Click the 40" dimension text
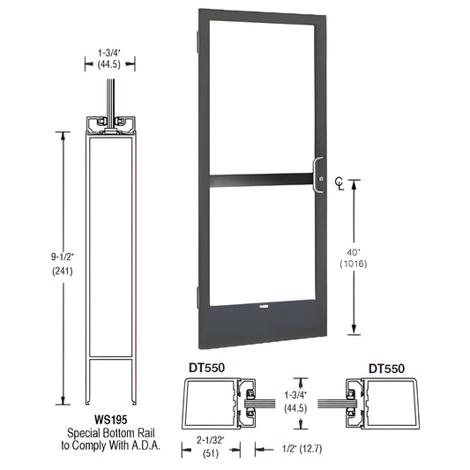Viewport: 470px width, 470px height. [378, 250]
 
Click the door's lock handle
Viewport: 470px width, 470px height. [320, 175]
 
